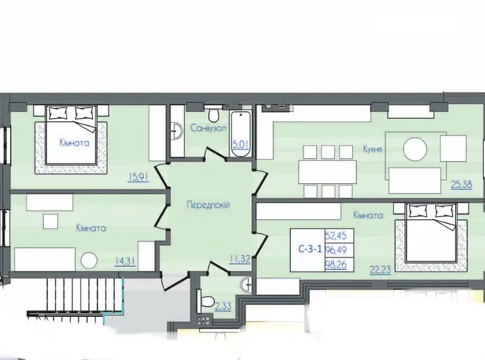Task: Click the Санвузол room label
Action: click(x=209, y=128)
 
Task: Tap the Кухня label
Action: click(x=372, y=149)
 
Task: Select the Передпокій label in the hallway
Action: click(x=208, y=205)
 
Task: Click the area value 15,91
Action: click(x=138, y=178)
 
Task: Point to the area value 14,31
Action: click(x=125, y=261)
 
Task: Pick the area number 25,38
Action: click(x=462, y=185)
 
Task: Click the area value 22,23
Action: click(x=380, y=270)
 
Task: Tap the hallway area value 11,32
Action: click(x=239, y=259)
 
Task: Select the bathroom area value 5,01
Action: click(x=241, y=145)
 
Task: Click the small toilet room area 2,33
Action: click(x=223, y=307)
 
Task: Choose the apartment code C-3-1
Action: click(x=310, y=249)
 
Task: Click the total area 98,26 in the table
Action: click(x=336, y=265)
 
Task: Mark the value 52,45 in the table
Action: click(x=336, y=236)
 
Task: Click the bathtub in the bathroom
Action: click(x=241, y=135)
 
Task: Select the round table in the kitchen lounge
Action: click(x=415, y=149)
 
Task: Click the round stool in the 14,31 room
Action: click(x=89, y=261)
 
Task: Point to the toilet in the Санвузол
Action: click(x=213, y=114)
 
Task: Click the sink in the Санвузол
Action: click(x=178, y=131)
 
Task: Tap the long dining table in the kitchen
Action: click(x=327, y=172)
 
